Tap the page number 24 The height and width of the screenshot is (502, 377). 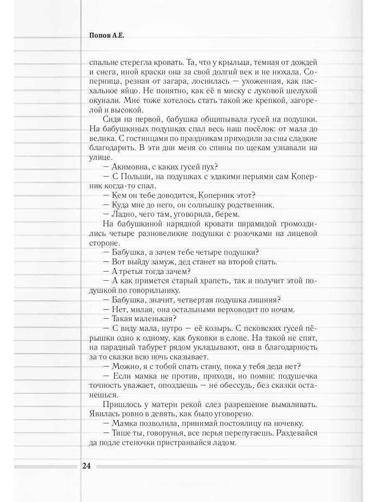[x=87, y=466]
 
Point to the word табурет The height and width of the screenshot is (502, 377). [x=161, y=347]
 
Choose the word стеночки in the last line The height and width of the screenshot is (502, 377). [x=136, y=442]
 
